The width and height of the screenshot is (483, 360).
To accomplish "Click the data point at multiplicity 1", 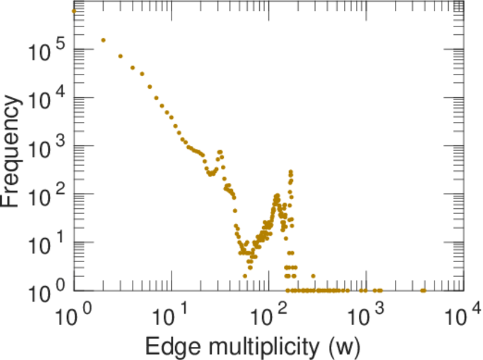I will (74, 11).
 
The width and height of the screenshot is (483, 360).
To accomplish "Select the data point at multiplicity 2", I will (103, 40).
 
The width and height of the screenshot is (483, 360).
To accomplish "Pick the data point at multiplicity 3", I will (120, 56).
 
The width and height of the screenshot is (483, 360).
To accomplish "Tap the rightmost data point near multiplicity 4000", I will (424, 290).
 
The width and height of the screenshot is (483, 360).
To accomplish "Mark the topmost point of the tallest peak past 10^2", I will (291, 172).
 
